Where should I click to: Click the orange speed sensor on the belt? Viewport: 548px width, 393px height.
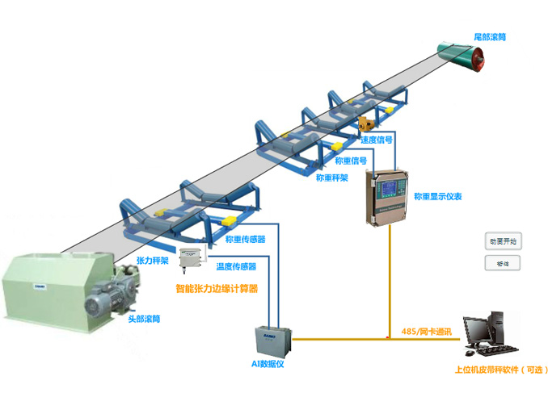coord(366,124)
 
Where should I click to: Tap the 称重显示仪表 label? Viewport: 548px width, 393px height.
coord(437,195)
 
